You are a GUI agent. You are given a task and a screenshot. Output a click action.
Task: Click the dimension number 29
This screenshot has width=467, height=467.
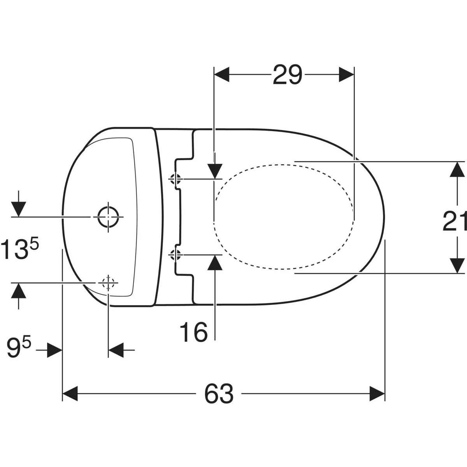tap(288, 75)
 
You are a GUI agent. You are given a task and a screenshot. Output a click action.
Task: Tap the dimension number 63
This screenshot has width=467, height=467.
tap(219, 393)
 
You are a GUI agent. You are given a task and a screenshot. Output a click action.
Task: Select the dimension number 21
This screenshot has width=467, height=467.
tap(455, 221)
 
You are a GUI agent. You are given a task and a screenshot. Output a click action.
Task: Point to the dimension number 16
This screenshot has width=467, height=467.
tap(194, 332)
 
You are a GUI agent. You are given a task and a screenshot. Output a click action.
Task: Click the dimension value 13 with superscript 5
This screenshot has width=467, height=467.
tap(20, 249)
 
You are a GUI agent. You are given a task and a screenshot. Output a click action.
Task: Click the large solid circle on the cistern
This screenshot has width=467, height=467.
tap(108, 217)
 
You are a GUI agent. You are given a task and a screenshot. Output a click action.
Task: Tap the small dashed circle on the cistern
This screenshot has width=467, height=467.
tap(108, 283)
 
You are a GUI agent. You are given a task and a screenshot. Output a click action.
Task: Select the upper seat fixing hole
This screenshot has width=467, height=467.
tap(175, 179)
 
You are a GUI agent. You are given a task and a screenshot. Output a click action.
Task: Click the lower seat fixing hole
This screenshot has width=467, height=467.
tap(175, 255)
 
